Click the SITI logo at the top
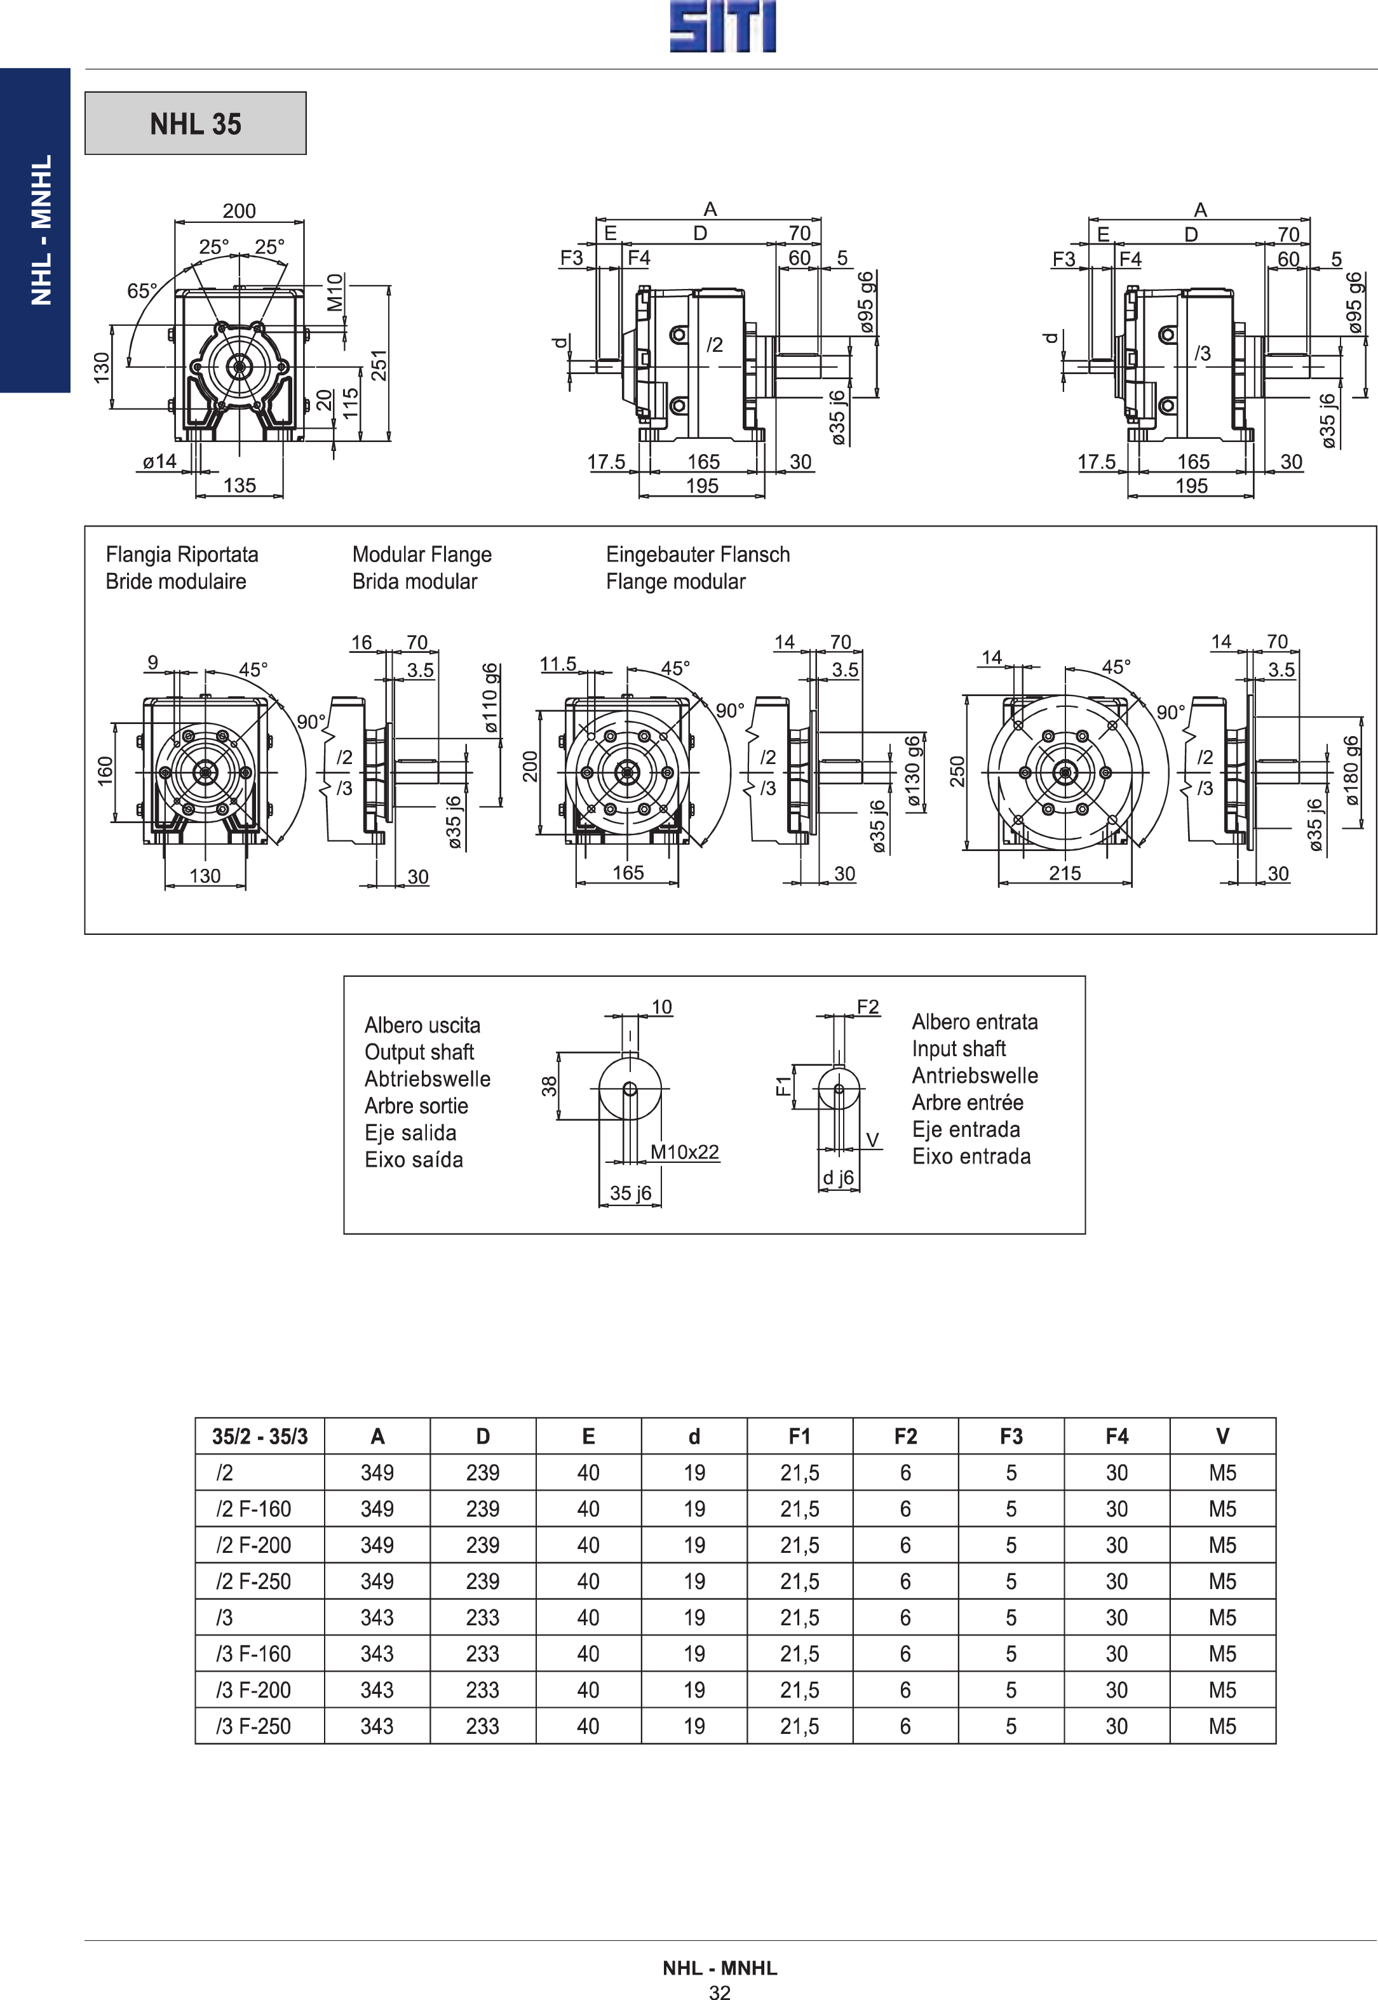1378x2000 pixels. [723, 27]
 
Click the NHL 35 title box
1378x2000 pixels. [195, 123]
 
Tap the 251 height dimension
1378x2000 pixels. [378, 365]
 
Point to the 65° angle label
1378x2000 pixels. [142, 291]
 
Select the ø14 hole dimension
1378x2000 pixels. [159, 461]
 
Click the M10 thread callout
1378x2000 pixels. [335, 292]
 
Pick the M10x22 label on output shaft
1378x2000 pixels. [685, 1151]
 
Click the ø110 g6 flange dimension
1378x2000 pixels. [490, 697]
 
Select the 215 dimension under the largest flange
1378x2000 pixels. [1065, 873]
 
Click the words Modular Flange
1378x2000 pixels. [422, 554]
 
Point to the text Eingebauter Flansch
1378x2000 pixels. [698, 554]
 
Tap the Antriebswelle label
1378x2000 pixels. [975, 1075]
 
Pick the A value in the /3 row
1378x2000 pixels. [377, 1617]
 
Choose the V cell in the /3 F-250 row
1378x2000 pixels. [1222, 1726]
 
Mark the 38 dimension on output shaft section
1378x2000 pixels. [549, 1086]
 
